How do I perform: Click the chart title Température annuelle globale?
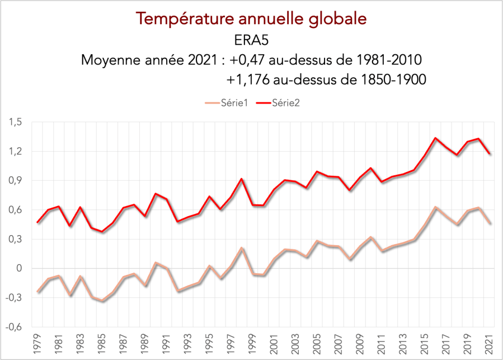(251, 18)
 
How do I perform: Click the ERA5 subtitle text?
(251, 40)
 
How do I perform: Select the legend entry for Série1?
(234, 104)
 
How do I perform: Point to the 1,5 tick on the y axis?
(15, 122)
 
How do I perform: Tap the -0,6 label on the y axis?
(14, 327)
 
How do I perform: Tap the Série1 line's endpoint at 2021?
(490, 223)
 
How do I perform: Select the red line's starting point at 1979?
(38, 222)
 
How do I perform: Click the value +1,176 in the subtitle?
(248, 80)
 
